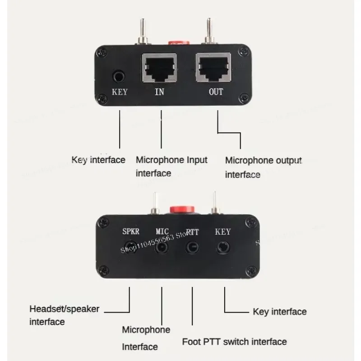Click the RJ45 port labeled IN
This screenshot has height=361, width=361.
pos(159,68)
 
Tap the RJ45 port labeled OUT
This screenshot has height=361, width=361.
pos(213,67)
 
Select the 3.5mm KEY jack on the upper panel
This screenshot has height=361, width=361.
pos(119,76)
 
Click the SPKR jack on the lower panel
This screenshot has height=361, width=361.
pos(130,247)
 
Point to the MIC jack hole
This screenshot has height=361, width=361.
pos(162,247)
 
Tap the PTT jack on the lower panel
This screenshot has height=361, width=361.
pos(192,247)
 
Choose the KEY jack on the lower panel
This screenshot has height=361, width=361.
pos(223,248)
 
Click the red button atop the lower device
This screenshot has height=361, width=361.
pos(182,209)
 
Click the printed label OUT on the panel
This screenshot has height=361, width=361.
pos(216,92)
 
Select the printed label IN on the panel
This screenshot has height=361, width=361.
pos(159,92)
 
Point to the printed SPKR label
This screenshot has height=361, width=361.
pos(131,231)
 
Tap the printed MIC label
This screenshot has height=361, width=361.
pos(162,231)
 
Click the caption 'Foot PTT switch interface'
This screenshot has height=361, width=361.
pos(234,342)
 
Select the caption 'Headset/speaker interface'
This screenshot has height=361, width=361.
pos(64,315)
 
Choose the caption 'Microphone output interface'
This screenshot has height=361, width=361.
pos(264,167)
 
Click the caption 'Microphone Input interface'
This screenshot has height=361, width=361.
pos(171,167)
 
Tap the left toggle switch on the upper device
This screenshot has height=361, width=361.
pos(143,32)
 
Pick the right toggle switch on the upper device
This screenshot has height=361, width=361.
pos(209,31)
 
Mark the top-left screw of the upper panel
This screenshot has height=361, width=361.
pos(102,52)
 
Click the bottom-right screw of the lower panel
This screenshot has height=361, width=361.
pos(252,271)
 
